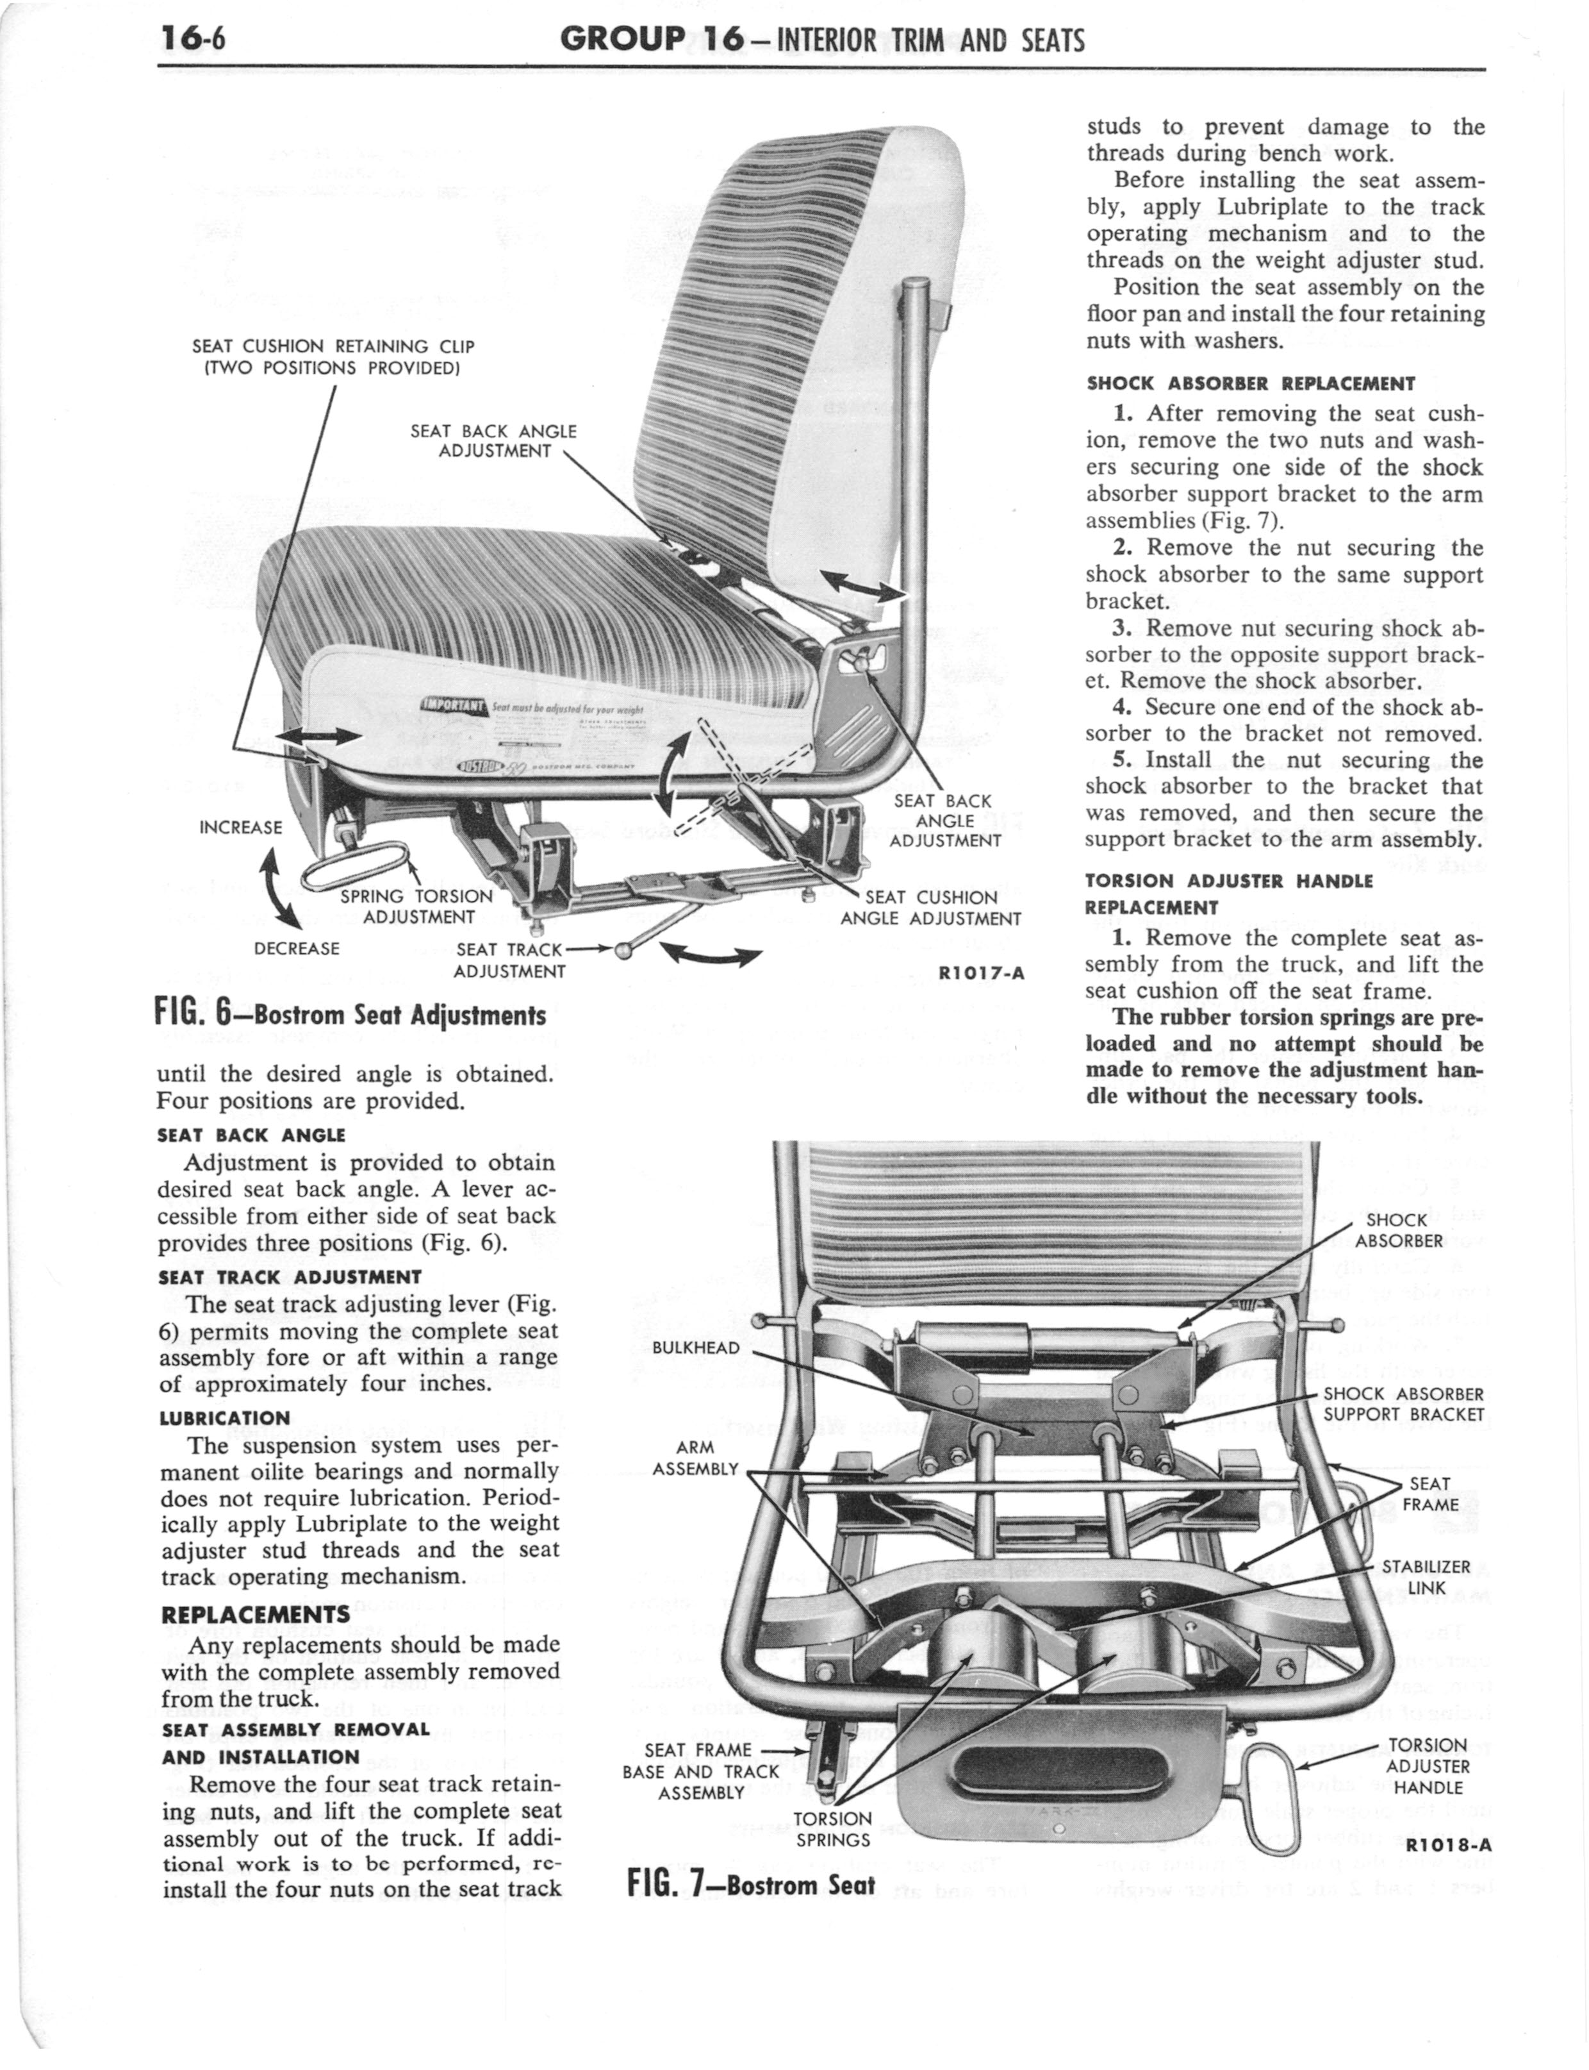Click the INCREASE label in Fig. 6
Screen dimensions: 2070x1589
241,828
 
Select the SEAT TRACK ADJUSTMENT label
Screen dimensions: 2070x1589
510,959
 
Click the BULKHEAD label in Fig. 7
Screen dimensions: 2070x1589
696,1348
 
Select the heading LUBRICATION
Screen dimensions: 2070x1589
224,1417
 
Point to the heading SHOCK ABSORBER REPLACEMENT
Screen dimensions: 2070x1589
1251,383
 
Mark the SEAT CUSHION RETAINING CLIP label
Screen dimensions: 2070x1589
333,356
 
